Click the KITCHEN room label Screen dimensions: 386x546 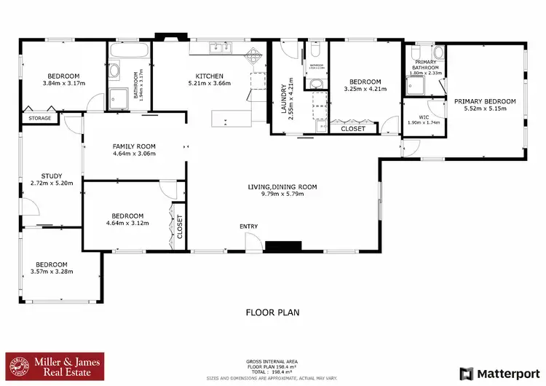coord(208,76)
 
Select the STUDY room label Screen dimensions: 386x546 coord(52,176)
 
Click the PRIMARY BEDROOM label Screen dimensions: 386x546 coord(485,101)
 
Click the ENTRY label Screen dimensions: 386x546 coord(249,227)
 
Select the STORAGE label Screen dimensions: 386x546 coord(40,118)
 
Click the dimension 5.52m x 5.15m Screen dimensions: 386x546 coord(485,109)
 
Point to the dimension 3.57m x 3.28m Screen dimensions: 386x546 coord(52,272)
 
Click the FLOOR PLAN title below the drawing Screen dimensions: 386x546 coord(272,312)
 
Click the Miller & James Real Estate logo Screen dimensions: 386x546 coord(55,366)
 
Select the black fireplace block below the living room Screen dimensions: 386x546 coord(278,247)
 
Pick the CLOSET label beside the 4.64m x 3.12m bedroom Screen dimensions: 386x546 coord(179,227)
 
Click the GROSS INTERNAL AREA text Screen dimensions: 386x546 coord(272,361)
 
